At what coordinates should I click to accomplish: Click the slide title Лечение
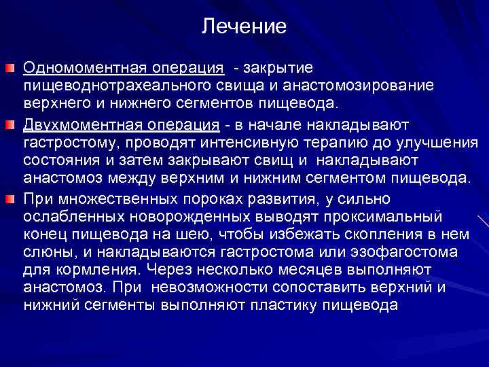tap(244, 27)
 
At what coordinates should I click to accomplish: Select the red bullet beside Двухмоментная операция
tap(10, 126)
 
